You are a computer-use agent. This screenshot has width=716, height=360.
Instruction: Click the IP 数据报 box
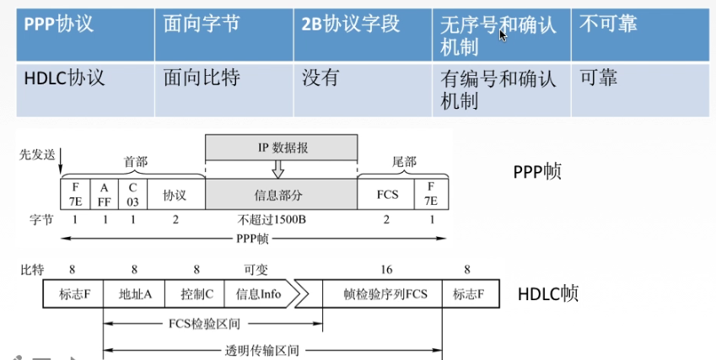click(x=282, y=148)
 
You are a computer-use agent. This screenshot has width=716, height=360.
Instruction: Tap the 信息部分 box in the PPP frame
click(x=281, y=193)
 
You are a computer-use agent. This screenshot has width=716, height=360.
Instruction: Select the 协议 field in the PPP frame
click(x=175, y=193)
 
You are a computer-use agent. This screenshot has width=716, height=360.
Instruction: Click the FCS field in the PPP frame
click(x=386, y=193)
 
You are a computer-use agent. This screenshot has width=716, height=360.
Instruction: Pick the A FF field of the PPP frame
click(x=105, y=193)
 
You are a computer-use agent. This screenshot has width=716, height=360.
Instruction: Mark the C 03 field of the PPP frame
click(x=132, y=193)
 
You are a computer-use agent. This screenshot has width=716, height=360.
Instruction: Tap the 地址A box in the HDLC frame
click(x=134, y=294)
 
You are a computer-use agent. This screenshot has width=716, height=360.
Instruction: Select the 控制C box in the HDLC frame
click(x=195, y=294)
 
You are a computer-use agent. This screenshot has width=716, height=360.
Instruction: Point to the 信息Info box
click(x=259, y=294)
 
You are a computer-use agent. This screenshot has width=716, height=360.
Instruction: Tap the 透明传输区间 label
click(x=272, y=350)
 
